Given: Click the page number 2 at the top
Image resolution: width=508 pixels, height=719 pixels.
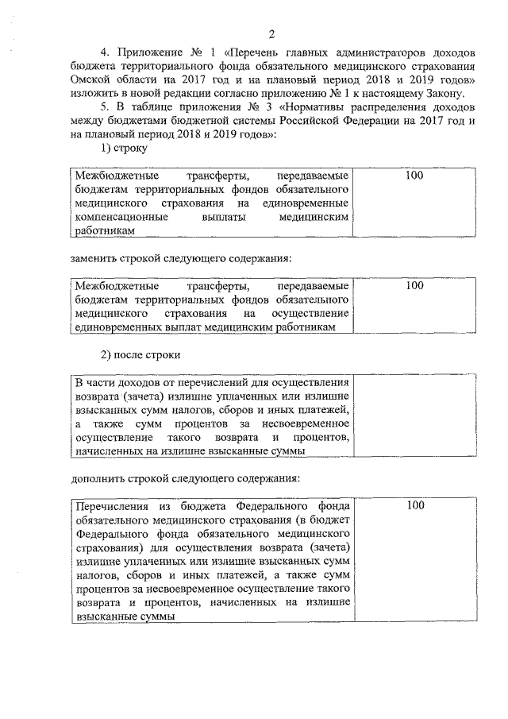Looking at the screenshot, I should click(x=270, y=33).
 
